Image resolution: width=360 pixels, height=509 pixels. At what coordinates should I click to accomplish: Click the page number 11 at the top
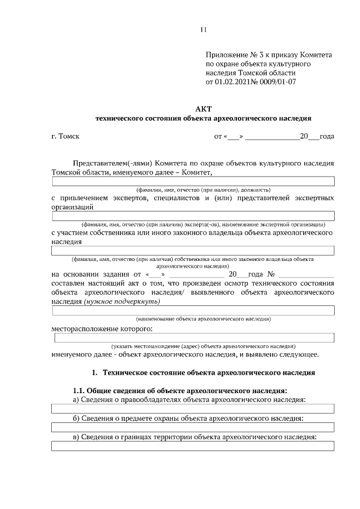pyautogui.click(x=204, y=29)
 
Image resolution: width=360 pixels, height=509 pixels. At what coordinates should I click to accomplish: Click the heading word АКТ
pyautogui.click(x=204, y=109)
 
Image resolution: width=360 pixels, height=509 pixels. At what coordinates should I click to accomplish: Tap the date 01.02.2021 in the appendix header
pyautogui.click(x=235, y=82)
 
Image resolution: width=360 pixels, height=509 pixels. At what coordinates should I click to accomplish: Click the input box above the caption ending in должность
pyautogui.click(x=193, y=181)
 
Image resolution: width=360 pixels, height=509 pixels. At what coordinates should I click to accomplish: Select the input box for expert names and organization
pyautogui.click(x=193, y=216)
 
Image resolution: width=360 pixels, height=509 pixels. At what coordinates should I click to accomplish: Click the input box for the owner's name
pyautogui.click(x=193, y=250)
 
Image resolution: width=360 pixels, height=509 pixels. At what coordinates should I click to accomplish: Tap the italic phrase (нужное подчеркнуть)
pyautogui.click(x=122, y=301)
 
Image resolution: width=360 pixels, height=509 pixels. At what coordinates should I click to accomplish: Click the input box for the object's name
pyautogui.click(x=193, y=310)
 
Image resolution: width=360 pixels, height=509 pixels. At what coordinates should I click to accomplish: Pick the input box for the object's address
pyautogui.click(x=194, y=337)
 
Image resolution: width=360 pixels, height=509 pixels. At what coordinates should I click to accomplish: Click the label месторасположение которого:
pyautogui.click(x=102, y=328)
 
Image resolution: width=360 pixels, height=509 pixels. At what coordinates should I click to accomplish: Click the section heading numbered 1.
pyautogui.click(x=203, y=373)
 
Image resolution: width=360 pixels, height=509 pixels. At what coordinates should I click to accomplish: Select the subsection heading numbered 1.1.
pyautogui.click(x=180, y=390)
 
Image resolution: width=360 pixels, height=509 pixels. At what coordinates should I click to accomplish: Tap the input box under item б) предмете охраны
pyautogui.click(x=193, y=427)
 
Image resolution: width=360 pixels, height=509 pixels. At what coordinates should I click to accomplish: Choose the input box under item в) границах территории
pyautogui.click(x=193, y=447)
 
